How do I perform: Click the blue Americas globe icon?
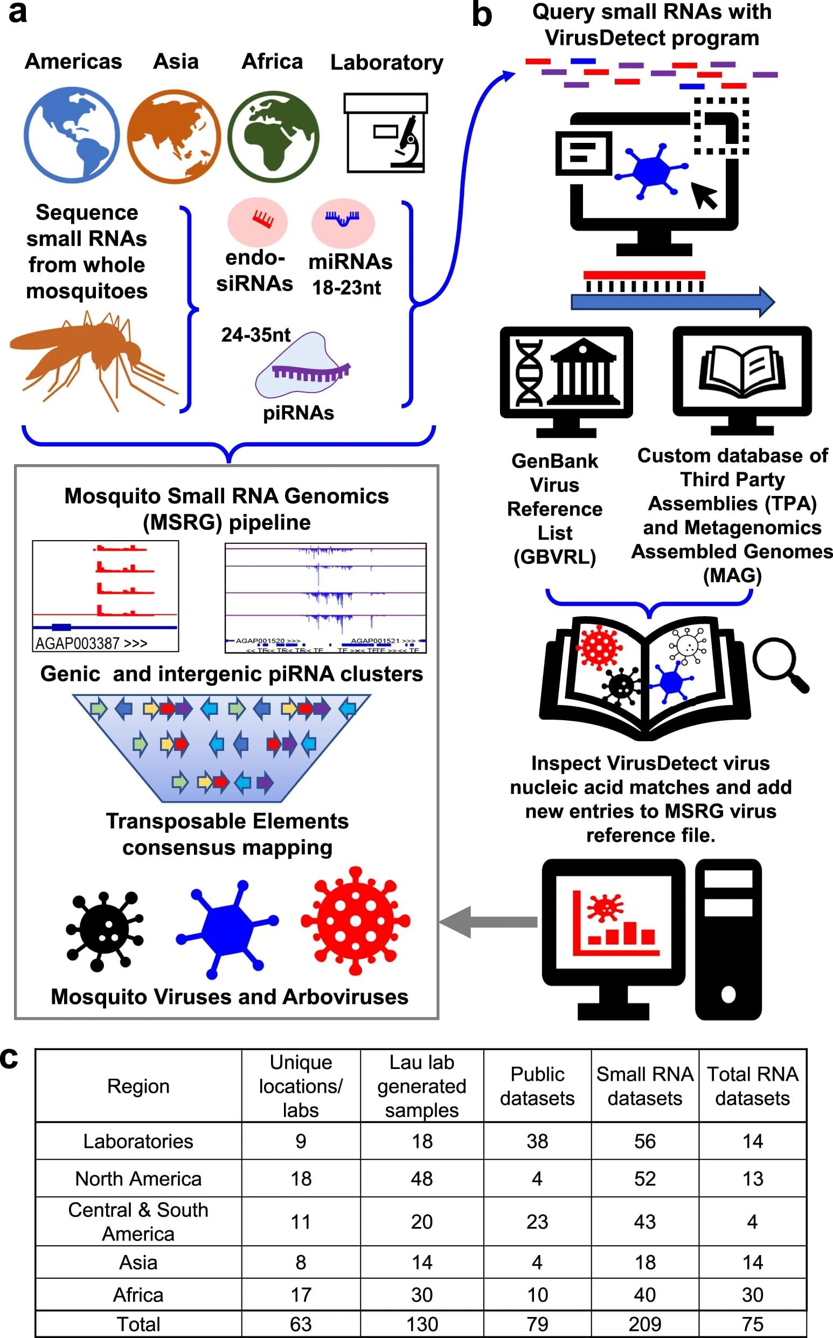72,134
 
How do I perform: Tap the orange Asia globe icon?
174,135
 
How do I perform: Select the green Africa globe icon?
273,135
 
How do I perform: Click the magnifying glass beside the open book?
779,664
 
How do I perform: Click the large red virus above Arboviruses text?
356,920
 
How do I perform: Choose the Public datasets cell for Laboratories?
537,1141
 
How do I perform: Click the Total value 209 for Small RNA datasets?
644,1323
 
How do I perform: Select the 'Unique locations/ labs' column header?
301,1086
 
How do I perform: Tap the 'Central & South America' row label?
138,1221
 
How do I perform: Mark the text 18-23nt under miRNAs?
346,287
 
